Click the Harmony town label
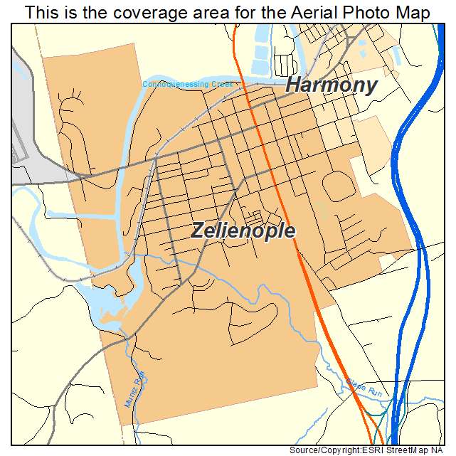tap(331, 85)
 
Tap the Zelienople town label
tap(243, 230)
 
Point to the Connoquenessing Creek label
tap(189, 84)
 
